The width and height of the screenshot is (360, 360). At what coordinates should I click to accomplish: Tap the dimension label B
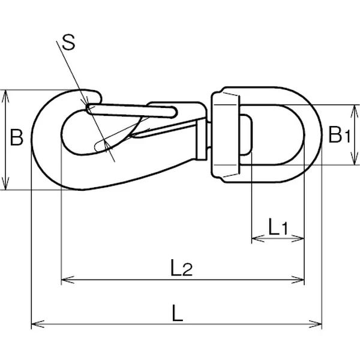tap(17, 139)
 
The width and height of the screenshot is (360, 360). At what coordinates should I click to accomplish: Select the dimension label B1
tap(338, 135)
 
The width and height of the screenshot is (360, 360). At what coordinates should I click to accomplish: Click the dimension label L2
tap(181, 268)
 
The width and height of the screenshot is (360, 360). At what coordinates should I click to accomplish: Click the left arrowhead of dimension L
tap(34, 325)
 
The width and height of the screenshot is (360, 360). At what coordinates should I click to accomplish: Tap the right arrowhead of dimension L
tap(318, 325)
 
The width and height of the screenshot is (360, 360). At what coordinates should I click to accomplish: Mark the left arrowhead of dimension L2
tap(65, 279)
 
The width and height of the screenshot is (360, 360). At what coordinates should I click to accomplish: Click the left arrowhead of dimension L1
tap(254, 239)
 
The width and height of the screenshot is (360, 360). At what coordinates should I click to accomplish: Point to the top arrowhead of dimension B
tap(6, 94)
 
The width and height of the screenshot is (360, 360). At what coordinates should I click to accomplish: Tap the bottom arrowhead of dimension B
tap(6, 186)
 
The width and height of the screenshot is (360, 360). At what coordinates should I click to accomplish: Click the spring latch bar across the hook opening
tap(132, 110)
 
